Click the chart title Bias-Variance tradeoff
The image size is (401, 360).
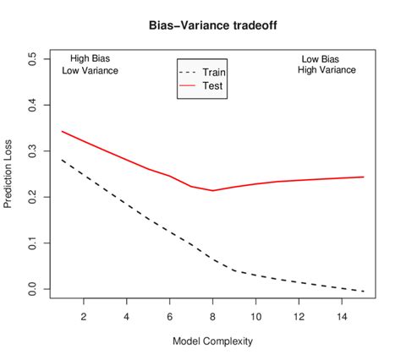coord(213,26)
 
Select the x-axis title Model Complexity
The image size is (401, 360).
coord(212,341)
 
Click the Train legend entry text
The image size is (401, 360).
coord(214,73)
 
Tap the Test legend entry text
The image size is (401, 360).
coord(212,86)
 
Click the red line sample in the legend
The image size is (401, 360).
coord(190,86)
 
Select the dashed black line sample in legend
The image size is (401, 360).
coord(190,73)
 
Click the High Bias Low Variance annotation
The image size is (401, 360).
coord(91,64)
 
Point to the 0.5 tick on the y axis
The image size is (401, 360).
coord(34,59)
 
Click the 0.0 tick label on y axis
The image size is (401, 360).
coord(34,289)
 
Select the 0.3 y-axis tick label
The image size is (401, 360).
coord(34,151)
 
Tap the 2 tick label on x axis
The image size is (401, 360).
coord(83,316)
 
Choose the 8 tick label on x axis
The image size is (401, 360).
coord(212,316)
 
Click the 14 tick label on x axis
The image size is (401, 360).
coord(342,316)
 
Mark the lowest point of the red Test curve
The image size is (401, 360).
coord(212,190)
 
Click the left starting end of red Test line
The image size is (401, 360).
coord(62,131)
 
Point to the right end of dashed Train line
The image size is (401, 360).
coord(364,292)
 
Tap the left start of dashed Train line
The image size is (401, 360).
coord(62,160)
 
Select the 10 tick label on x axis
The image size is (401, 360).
coord(255,316)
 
